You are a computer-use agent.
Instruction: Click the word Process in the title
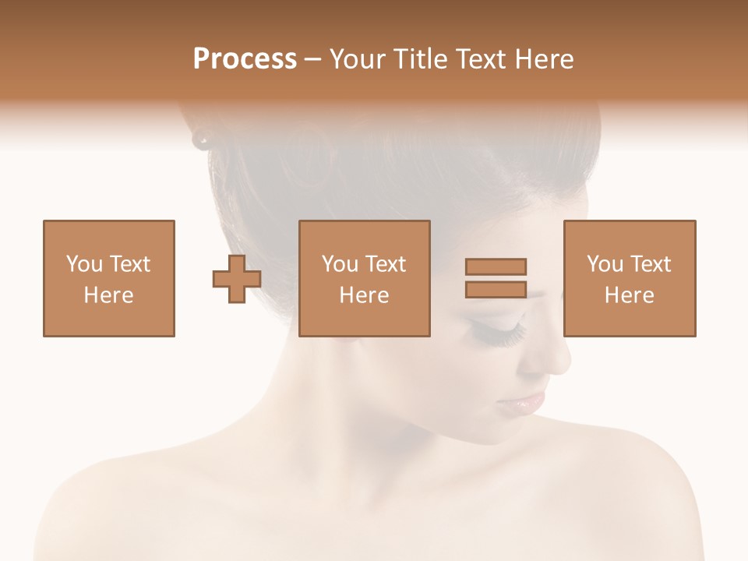pyautogui.click(x=245, y=59)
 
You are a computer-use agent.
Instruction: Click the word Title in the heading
pyautogui.click(x=418, y=59)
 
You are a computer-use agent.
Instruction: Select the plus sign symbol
pyautogui.click(x=237, y=279)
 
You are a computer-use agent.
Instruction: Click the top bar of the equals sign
pyautogui.click(x=496, y=266)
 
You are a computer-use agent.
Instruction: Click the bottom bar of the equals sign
pyautogui.click(x=496, y=289)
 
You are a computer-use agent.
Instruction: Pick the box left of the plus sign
pyautogui.click(x=109, y=278)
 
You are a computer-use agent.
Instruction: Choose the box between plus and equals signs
pyautogui.click(x=365, y=278)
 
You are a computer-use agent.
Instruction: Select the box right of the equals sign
pyautogui.click(x=630, y=278)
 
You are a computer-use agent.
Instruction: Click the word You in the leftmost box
pyautogui.click(x=83, y=264)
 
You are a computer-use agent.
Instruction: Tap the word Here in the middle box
pyautogui.click(x=365, y=295)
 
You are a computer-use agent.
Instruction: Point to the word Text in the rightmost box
pyautogui.click(x=651, y=264)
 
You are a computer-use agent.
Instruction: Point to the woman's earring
pyautogui.click(x=202, y=140)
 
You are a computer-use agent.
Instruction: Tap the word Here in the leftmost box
pyautogui.click(x=109, y=295)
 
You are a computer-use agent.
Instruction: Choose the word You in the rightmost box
pyautogui.click(x=604, y=264)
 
